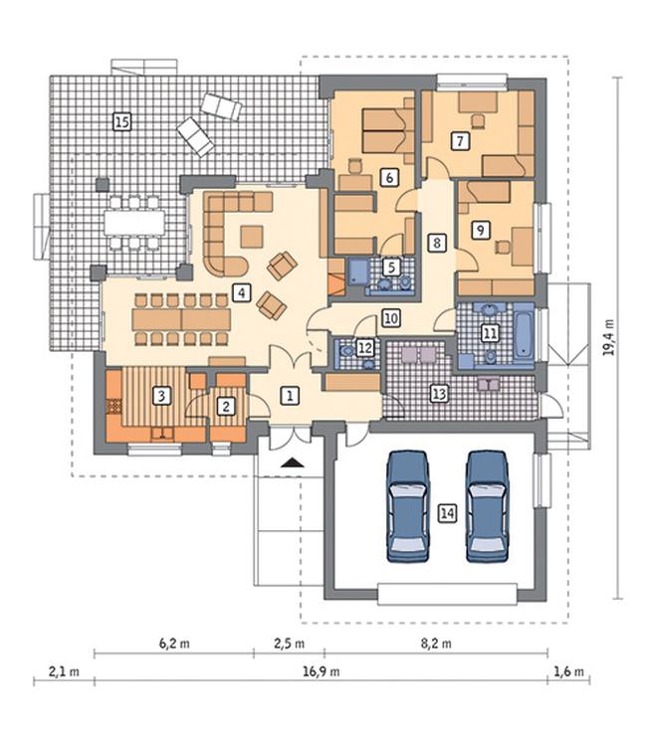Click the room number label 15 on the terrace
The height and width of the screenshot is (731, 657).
[122, 122]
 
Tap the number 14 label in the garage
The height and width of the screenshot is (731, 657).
[447, 513]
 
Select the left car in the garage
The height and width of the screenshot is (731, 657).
[408, 506]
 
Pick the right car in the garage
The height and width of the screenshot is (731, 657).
[487, 506]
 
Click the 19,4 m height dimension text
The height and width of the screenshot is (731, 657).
[607, 337]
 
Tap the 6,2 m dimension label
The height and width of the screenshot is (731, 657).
[174, 643]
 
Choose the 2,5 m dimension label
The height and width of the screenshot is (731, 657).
[290, 643]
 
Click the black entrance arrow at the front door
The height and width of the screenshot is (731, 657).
[293, 462]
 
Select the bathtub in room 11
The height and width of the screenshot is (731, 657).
[524, 336]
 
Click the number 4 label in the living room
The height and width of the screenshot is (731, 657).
[241, 292]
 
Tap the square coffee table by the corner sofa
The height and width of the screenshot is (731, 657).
[252, 237]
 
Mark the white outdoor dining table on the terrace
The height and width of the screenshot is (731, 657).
[134, 223]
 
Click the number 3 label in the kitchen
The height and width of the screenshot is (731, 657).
[161, 396]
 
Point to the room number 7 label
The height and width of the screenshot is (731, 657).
[460, 140]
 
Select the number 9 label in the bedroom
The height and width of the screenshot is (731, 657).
[480, 230]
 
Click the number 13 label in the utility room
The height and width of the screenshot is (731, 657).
[439, 394]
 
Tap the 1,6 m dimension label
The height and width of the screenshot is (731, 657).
[568, 671]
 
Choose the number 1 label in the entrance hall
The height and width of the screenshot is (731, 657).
[290, 396]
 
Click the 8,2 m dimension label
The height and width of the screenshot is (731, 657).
[436, 643]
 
